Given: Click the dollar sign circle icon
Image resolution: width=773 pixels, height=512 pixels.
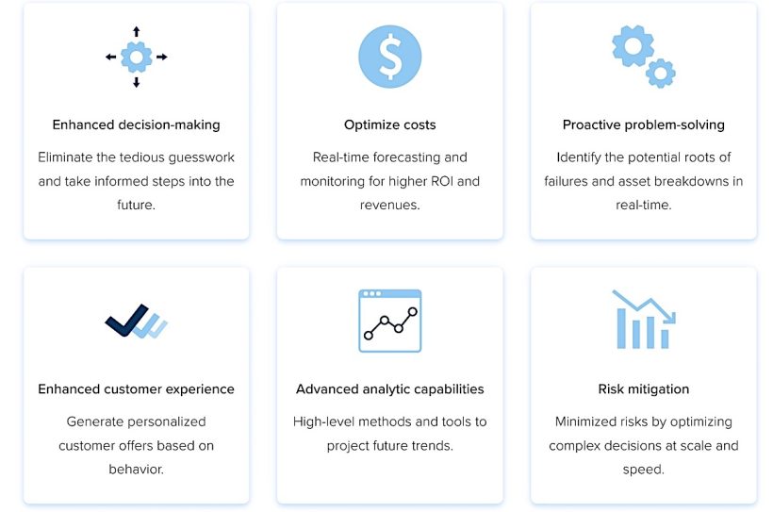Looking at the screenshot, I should coord(389,57).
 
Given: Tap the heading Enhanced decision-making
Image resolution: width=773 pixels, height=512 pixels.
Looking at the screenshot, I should coord(136,124).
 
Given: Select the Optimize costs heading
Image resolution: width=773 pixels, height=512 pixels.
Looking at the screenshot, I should coord(389,124).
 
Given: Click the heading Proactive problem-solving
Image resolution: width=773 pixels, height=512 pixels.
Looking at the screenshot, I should coord(643,124).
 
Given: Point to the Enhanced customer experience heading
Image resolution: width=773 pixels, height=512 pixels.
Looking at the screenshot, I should coord(136,388).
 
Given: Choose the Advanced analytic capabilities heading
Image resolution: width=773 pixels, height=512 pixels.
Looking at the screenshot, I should coord(389,388).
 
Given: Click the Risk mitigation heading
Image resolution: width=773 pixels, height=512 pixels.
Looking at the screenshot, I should coord(643,388).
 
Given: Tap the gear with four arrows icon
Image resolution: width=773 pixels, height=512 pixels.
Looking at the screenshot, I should coord(136,58).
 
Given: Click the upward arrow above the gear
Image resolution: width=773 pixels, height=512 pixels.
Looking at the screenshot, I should coord(136,32).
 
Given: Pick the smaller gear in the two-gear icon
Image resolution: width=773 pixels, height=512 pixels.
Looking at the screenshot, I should coord(661,73).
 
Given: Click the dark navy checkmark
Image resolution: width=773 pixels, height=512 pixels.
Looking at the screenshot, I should coord(127,321).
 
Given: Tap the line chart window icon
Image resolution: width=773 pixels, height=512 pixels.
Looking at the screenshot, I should coord(389,321).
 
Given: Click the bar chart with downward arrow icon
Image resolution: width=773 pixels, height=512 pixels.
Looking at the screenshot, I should coord(643,320).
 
